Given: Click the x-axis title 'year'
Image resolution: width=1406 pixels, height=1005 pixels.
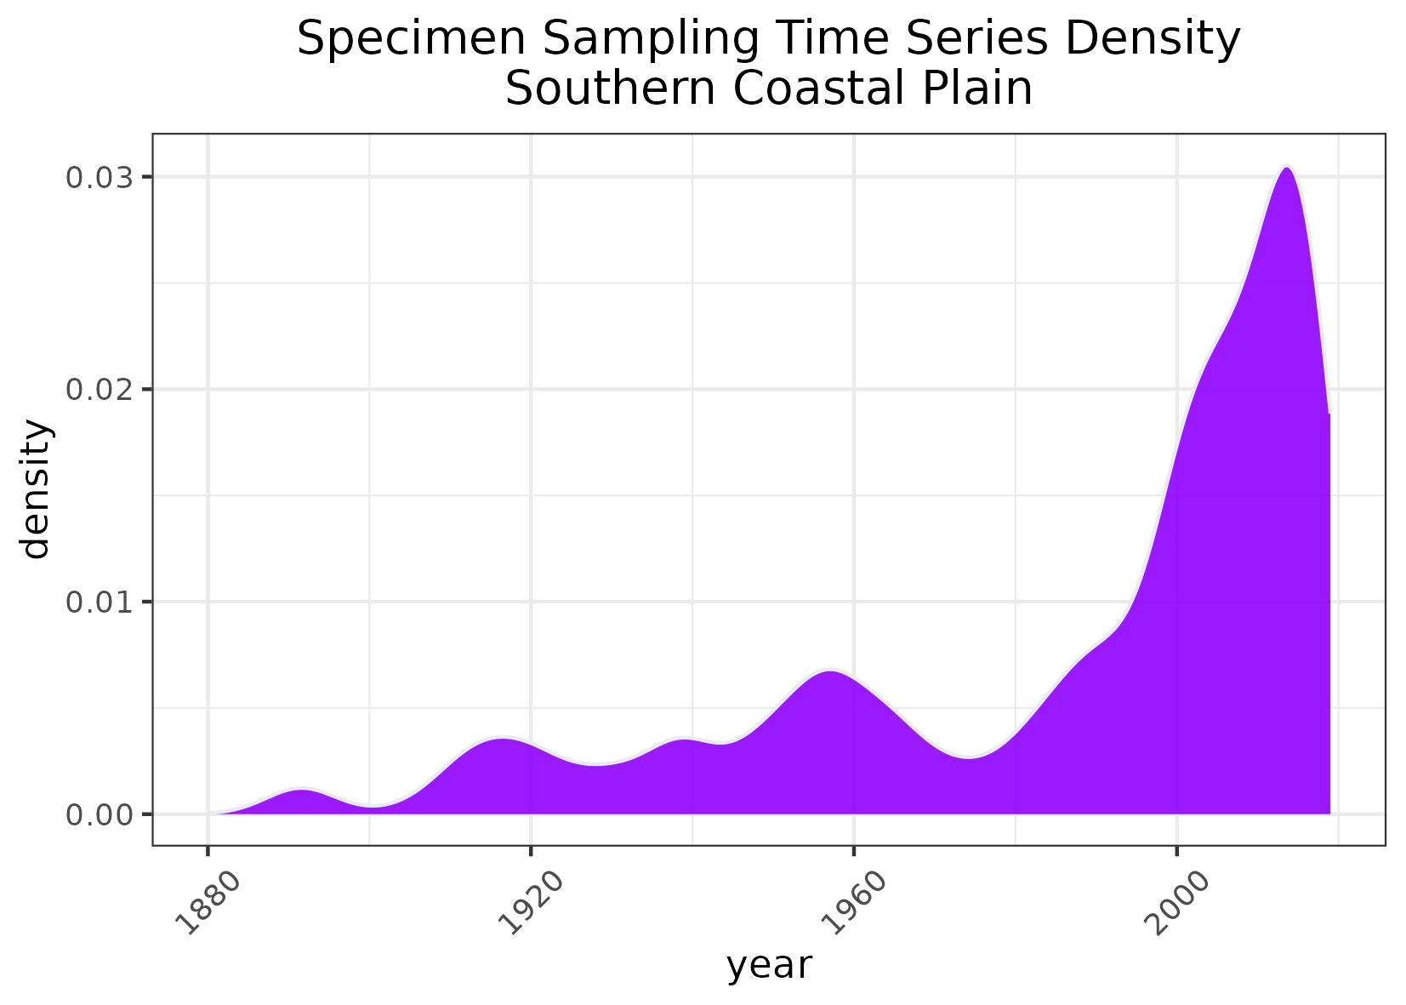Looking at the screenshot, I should pyautogui.click(x=769, y=967).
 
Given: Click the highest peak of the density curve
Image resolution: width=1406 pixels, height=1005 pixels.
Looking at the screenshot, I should pyautogui.click(x=1287, y=168).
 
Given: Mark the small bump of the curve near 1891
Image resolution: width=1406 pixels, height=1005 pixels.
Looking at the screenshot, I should pyautogui.click(x=301, y=791).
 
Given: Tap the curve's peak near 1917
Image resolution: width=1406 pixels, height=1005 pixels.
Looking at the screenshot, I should pyautogui.click(x=503, y=738).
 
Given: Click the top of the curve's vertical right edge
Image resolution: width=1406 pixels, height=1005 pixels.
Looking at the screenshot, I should pyautogui.click(x=1329, y=415).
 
